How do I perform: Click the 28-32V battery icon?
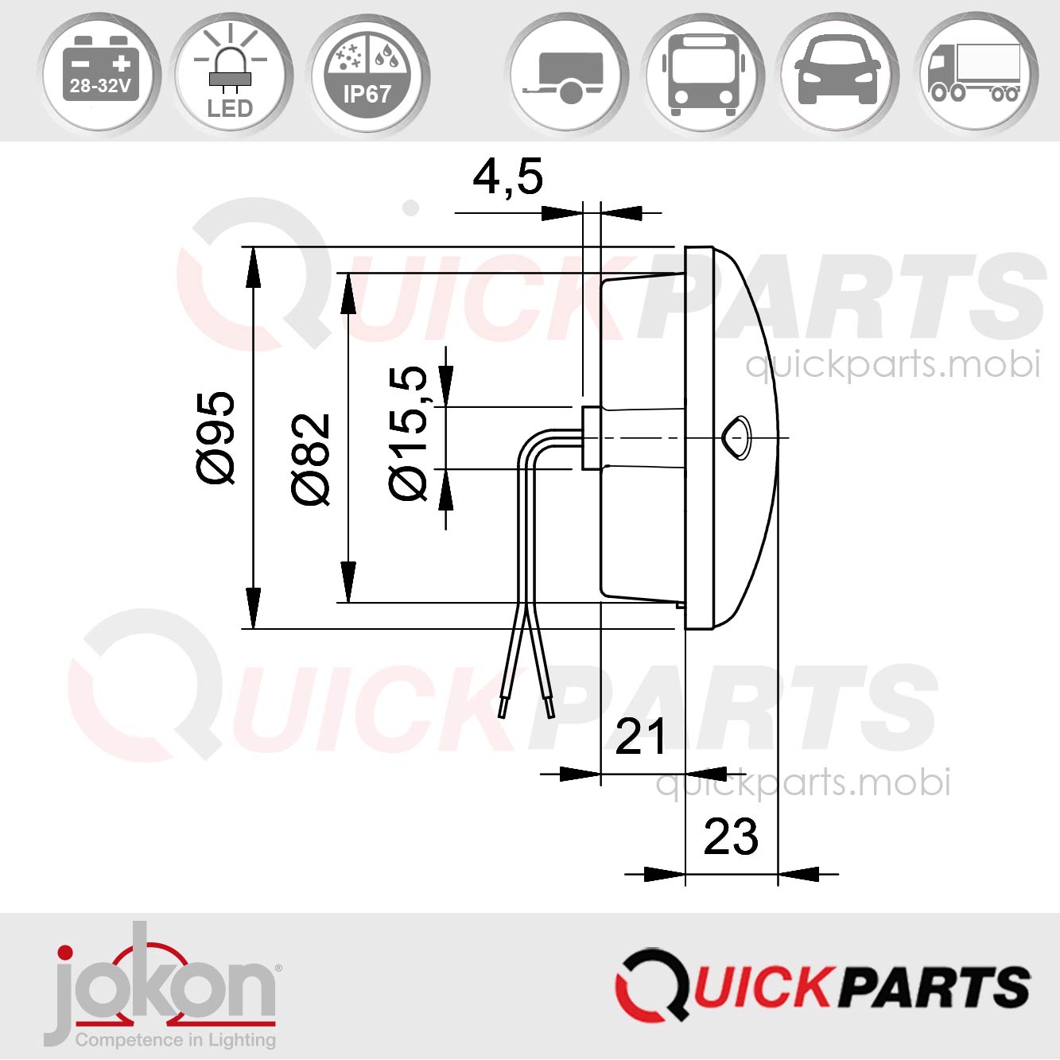100,72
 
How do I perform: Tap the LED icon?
231,74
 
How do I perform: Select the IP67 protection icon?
367,74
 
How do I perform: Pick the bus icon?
702,74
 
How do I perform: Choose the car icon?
837,74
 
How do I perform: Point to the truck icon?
975,74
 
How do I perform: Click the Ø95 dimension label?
216,437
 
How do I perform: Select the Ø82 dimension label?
310,459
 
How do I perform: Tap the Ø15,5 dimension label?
409,433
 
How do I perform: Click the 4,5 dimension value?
507,177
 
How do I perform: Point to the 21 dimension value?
640,737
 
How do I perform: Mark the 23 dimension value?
731,837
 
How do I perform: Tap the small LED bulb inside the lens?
736,437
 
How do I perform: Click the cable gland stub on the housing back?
591,438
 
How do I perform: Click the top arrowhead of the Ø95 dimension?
253,266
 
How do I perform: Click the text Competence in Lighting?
176,1040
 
